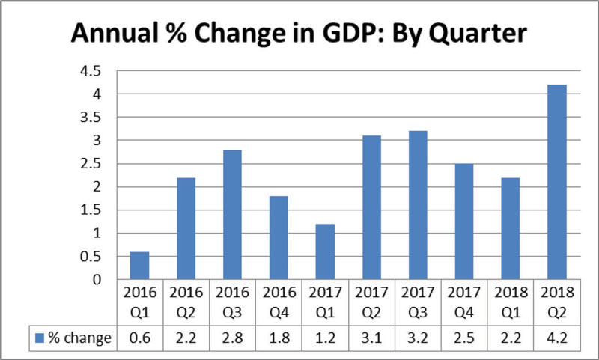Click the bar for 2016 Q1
pos(139,266)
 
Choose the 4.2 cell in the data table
pos(556,338)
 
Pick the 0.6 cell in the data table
pos(139,338)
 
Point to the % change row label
pos(79,338)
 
